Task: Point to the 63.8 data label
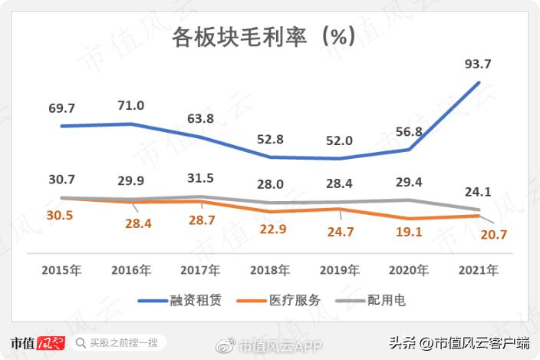[201, 119]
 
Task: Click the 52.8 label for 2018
[270, 139]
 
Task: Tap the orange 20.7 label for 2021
[493, 235]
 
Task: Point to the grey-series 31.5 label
[201, 177]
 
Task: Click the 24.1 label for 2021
[478, 193]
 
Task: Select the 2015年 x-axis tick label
[61, 269]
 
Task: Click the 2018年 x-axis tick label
[270, 269]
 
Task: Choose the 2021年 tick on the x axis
[478, 269]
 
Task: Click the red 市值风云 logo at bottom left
[37, 342]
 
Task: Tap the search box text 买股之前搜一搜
[123, 342]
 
